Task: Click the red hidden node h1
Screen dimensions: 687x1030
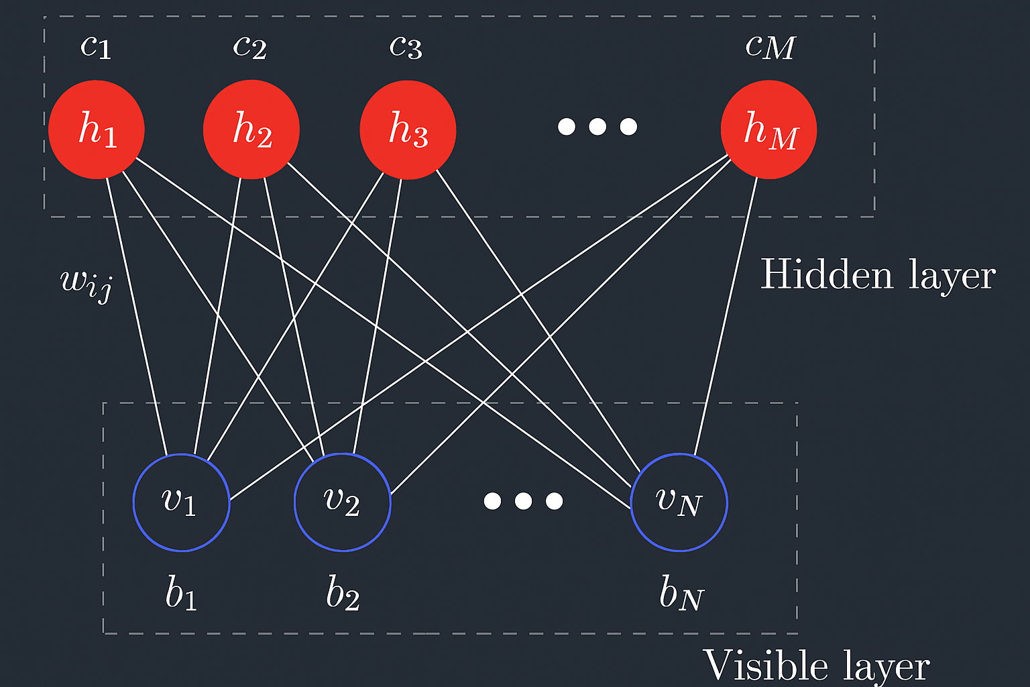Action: click(97, 129)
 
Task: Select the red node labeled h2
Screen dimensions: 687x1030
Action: click(251, 129)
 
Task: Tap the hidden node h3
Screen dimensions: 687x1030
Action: click(408, 129)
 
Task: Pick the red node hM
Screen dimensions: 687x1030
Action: click(768, 129)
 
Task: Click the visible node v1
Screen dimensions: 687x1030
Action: click(182, 503)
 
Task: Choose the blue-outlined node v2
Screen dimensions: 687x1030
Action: click(343, 503)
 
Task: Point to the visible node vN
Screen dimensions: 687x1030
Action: click(679, 503)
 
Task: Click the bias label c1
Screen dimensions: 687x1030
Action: click(96, 46)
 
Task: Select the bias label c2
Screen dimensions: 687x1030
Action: click(250, 46)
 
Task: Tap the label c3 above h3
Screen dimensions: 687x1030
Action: click(406, 46)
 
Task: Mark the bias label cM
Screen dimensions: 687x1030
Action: click(770, 46)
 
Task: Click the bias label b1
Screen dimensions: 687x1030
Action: click(181, 593)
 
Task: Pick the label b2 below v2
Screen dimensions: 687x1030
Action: click(343, 593)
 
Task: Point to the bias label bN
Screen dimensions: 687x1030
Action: click(681, 593)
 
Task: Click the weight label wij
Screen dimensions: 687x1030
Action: click(86, 282)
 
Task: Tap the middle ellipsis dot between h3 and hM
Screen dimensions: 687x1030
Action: click(597, 126)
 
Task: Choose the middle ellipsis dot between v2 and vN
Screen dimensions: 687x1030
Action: click(523, 500)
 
